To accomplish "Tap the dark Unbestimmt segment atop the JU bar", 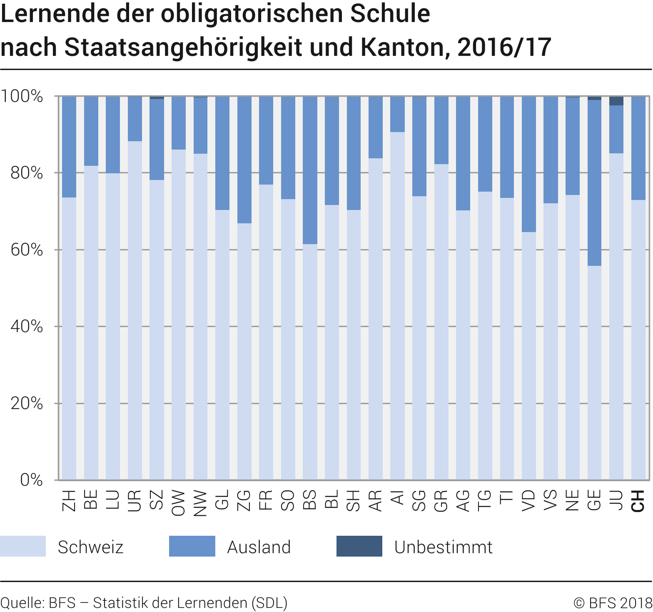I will pyautogui.click(x=616, y=101).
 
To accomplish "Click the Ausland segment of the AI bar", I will pyautogui.click(x=397, y=114).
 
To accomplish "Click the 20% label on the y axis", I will pyautogui.click(x=27, y=403).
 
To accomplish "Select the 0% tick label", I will pyautogui.click(x=31, y=480).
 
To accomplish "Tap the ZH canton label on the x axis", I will pyautogui.click(x=69, y=500).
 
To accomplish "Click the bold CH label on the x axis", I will pyautogui.click(x=638, y=500).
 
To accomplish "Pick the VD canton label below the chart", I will pyautogui.click(x=528, y=500).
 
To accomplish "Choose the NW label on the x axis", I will pyautogui.click(x=200, y=503).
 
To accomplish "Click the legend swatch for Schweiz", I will pyautogui.click(x=23, y=546).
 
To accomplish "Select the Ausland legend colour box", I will pyautogui.click(x=192, y=546).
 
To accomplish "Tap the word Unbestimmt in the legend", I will pyautogui.click(x=443, y=547).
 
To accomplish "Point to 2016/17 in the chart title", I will pyautogui.click(x=504, y=47).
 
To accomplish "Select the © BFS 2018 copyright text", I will pyautogui.click(x=613, y=603).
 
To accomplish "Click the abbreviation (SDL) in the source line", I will pyautogui.click(x=269, y=603).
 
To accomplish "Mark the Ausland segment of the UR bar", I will pyautogui.click(x=135, y=119).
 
